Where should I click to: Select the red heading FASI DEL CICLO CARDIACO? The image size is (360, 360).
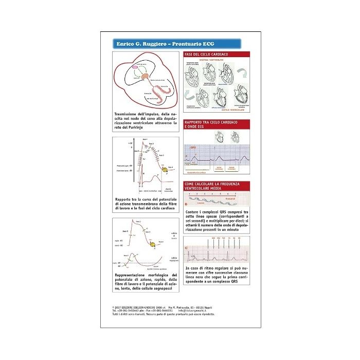[x=206, y=54]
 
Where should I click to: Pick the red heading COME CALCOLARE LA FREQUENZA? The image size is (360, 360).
[x=211, y=184]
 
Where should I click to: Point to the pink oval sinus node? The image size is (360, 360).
[x=135, y=66]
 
